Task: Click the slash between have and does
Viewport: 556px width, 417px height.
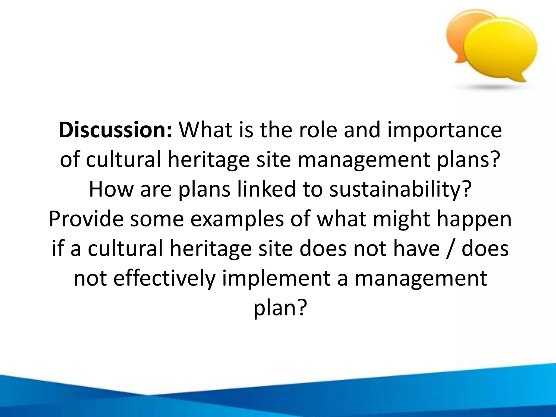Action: (x=450, y=248)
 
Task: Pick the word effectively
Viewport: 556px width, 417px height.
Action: (x=164, y=278)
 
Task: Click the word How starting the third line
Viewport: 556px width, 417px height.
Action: (x=111, y=189)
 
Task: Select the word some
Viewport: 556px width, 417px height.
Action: (x=157, y=219)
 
